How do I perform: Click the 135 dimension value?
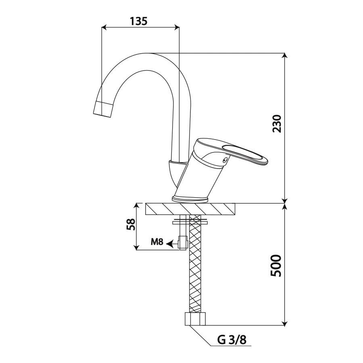[138, 21]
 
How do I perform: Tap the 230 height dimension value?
[277, 124]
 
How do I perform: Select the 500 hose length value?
[276, 266]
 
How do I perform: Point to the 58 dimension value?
[131, 224]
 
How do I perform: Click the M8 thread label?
[157, 242]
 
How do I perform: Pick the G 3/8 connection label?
[232, 340]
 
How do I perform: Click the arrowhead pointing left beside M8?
[170, 243]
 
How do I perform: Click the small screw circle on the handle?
[224, 160]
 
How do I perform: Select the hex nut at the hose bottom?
[195, 319]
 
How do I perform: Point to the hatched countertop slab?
[190, 209]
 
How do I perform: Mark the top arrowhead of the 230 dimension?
[285, 56]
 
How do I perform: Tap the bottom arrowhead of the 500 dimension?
[285, 323]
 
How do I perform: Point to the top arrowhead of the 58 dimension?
[137, 206]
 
